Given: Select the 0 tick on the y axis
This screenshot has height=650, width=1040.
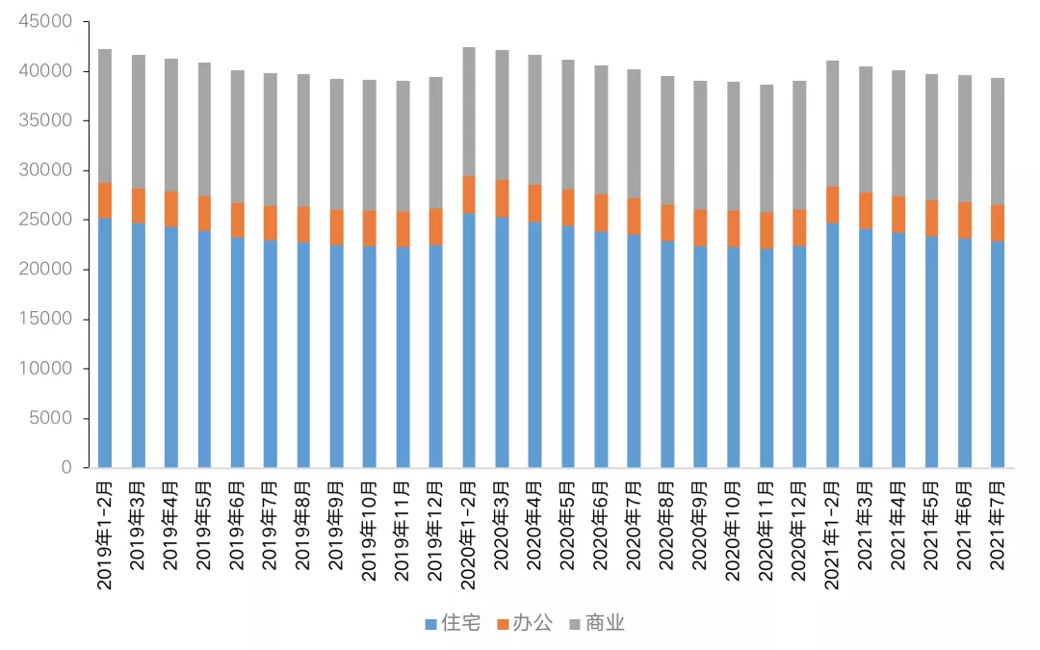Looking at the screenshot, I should pos(66,468).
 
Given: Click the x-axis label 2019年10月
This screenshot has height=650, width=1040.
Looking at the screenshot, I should pos(370,531).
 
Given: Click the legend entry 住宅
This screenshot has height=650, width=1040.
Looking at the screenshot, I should pos(453,624).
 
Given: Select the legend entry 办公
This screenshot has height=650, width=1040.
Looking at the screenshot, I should pos(525,624).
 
